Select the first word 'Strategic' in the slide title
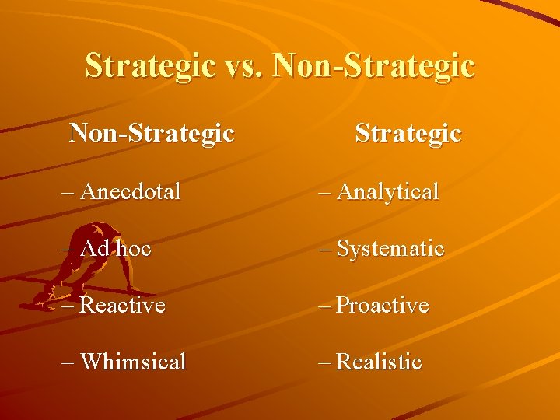(x=149, y=65)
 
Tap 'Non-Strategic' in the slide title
(x=374, y=65)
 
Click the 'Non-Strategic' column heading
(x=152, y=133)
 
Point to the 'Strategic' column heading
(x=408, y=133)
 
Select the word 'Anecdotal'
(x=130, y=191)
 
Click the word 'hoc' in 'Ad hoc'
(x=134, y=249)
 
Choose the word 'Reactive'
(x=123, y=306)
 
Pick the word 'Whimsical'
(x=133, y=362)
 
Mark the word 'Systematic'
(x=390, y=249)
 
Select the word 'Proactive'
(x=383, y=306)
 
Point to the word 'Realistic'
(x=380, y=362)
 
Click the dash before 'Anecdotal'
(x=68, y=191)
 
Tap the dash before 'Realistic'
(x=324, y=362)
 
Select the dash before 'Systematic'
(x=324, y=249)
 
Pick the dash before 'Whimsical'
(x=68, y=362)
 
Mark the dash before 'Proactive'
(x=324, y=306)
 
